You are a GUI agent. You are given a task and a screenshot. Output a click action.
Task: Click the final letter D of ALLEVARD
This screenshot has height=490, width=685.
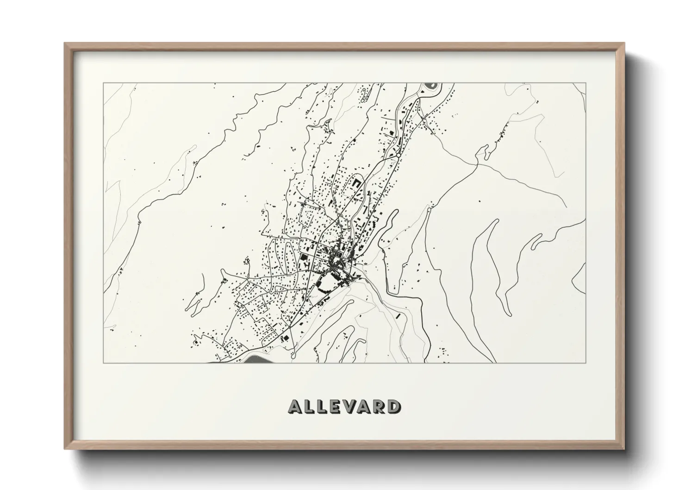pos(395,407)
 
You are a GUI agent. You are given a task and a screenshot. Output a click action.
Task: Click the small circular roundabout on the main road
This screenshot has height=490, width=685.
pos(398,155)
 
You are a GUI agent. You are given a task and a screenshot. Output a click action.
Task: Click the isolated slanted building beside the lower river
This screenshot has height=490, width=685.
pos(398,317)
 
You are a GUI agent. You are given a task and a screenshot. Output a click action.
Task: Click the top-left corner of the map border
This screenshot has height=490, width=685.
pos(103,83)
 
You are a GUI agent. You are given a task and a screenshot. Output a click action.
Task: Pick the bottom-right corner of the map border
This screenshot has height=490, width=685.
pos(586,363)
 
